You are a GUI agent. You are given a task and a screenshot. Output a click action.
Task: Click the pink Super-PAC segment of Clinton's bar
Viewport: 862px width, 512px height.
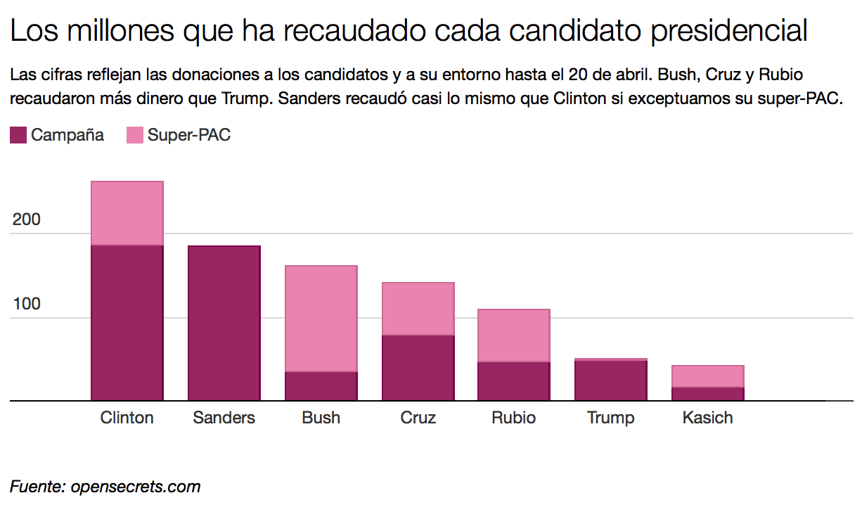coord(127,213)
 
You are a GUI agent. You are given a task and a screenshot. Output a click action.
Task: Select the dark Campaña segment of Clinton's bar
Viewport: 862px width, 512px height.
coord(127,322)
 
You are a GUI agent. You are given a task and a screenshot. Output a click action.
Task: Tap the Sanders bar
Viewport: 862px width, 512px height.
coord(224,323)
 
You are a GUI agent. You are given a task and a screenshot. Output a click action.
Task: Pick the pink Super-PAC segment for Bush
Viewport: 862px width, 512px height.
coord(321,319)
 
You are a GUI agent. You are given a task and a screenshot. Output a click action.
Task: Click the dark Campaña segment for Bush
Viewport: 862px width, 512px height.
coord(321,386)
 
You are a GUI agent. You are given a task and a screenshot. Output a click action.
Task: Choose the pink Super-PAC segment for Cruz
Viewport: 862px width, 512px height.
coord(418,309)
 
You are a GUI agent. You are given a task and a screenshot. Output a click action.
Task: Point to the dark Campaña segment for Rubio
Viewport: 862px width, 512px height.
coord(514,381)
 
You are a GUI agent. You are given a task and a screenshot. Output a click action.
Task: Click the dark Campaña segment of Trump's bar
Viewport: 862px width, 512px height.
coord(611,380)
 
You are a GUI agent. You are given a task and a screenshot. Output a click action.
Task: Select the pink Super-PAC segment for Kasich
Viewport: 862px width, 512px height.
coord(708,376)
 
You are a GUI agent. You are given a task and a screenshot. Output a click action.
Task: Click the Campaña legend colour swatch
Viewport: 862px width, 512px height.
coord(18,135)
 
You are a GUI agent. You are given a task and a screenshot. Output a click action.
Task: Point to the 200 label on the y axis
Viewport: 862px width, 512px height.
coord(27,220)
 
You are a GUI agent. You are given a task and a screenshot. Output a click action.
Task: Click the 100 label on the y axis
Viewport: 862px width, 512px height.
coord(27,305)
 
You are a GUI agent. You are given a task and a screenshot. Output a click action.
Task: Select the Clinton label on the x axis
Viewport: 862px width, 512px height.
coord(127,418)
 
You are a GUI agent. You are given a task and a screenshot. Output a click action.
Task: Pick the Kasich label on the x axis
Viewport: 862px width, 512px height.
coord(708,418)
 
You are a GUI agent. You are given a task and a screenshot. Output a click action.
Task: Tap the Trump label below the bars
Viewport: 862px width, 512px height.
coord(611,418)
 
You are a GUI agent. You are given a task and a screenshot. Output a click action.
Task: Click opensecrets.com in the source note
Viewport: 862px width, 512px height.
coord(136,486)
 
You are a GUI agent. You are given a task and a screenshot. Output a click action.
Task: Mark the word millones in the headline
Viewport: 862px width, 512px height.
coord(116,32)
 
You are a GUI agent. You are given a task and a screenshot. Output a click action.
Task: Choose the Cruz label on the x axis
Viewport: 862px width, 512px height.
coord(418,418)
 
